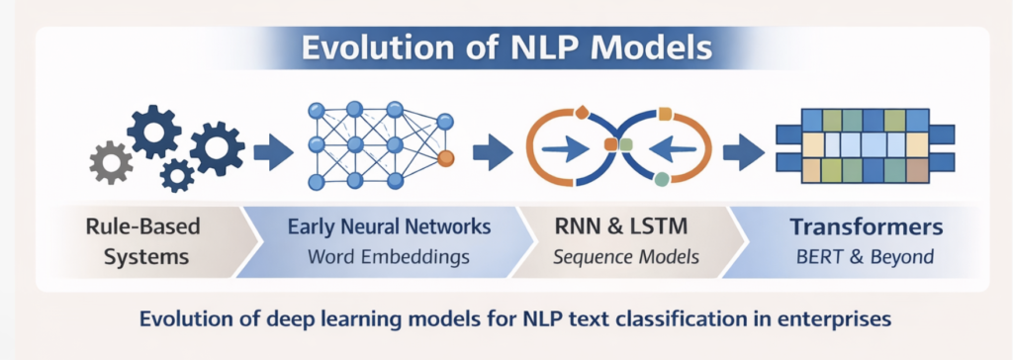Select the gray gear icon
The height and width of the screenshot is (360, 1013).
click(x=111, y=162)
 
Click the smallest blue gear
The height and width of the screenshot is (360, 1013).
click(x=177, y=175)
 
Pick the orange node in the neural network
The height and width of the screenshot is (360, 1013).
click(x=445, y=158)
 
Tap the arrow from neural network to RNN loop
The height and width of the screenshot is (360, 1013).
click(x=491, y=152)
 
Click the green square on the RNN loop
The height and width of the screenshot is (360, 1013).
click(x=661, y=179)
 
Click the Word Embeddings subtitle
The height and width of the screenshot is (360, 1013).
click(x=389, y=257)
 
